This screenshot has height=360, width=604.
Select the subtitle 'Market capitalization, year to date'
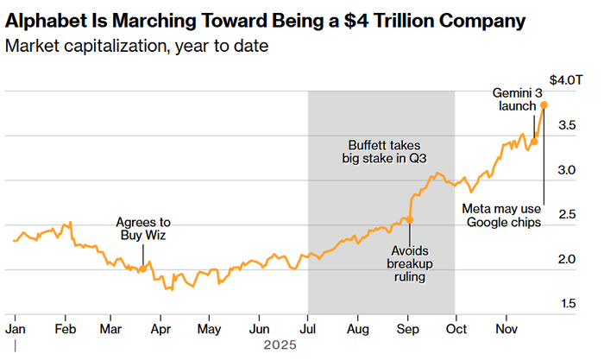(x=135, y=44)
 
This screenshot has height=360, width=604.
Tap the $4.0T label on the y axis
(x=567, y=79)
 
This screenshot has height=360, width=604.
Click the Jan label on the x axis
(x=15, y=329)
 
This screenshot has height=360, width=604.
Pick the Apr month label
(x=160, y=329)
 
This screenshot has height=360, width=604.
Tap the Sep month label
(x=408, y=329)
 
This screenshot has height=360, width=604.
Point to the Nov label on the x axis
(x=507, y=329)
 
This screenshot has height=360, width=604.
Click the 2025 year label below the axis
(x=280, y=344)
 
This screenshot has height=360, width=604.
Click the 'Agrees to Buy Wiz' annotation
(x=142, y=229)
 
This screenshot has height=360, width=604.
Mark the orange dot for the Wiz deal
(x=142, y=268)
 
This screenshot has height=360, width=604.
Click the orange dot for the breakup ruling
(x=410, y=219)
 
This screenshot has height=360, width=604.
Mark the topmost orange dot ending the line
(x=544, y=105)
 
